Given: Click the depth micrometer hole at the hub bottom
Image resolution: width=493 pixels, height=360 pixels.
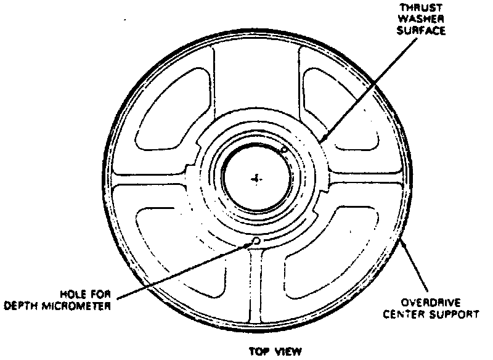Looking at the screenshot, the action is [x=256, y=241].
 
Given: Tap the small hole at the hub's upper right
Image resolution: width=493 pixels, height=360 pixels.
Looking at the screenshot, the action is [x=284, y=150].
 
